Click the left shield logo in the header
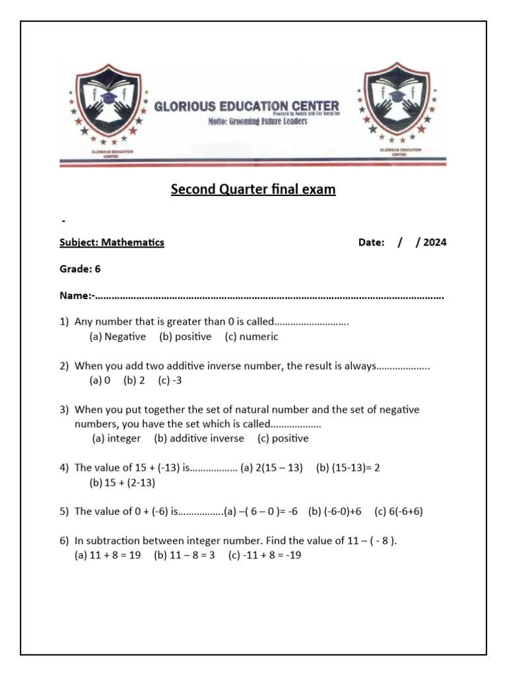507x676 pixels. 108,104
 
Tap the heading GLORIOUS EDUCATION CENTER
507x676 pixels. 246,106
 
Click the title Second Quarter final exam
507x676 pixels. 253,189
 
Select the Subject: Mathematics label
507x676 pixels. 112,242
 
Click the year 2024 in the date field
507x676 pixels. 434,242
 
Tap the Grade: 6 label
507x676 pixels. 80,269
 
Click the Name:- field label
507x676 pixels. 77,296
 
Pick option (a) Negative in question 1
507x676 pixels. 118,337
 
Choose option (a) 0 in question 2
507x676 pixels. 100,380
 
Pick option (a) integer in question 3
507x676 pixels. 116,438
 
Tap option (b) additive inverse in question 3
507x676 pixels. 199,438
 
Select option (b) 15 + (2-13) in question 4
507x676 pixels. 122,483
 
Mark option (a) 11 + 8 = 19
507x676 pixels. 107,555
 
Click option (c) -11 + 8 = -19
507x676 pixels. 265,555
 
